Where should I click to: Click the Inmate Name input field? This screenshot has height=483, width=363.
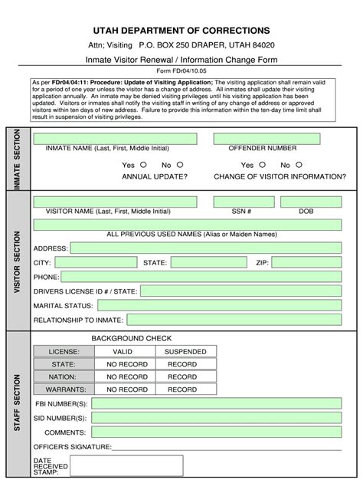click(x=116, y=139)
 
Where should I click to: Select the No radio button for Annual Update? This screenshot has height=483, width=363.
click(x=180, y=164)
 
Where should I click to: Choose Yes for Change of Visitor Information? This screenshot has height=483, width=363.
click(x=262, y=164)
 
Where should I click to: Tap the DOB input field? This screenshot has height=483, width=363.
click(x=311, y=202)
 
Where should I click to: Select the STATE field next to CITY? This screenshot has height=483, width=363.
click(x=208, y=263)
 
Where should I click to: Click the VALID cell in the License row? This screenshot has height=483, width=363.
click(x=127, y=351)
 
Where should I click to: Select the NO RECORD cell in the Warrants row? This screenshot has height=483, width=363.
click(x=127, y=389)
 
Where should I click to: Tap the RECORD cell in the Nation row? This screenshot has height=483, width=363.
click(x=182, y=376)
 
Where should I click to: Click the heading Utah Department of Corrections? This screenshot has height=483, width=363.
click(x=181, y=30)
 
